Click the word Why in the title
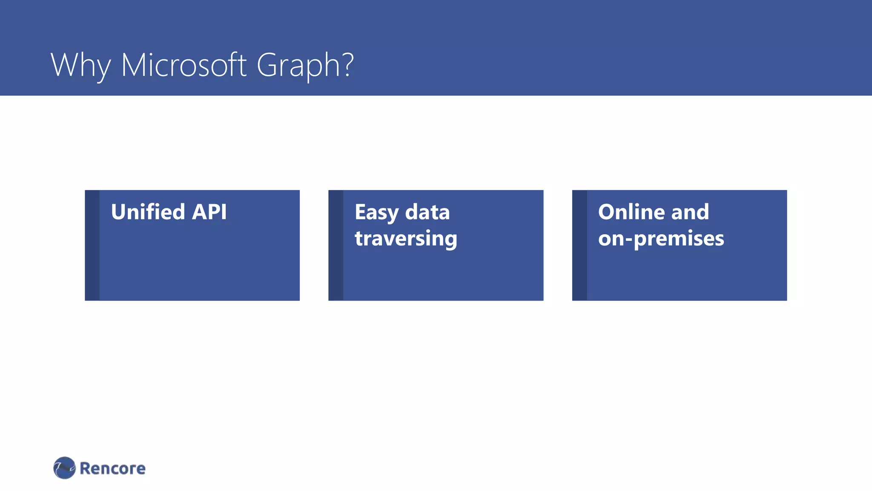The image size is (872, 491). pos(80,65)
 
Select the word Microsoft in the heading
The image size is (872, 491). pos(184,65)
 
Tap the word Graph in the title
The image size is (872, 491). pos(298,65)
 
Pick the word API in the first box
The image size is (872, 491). pos(209,212)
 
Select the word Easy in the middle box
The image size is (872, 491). pos(376,213)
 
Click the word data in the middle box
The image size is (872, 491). pos(427,212)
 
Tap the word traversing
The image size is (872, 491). pos(406,238)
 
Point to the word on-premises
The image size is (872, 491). pos(661,239)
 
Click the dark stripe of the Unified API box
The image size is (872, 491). pos(92,245)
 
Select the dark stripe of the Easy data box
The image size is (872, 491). pos(336,245)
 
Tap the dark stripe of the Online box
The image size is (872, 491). pos(579,245)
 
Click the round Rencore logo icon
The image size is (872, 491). pos(64,468)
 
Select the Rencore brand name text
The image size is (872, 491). pos(112,468)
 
